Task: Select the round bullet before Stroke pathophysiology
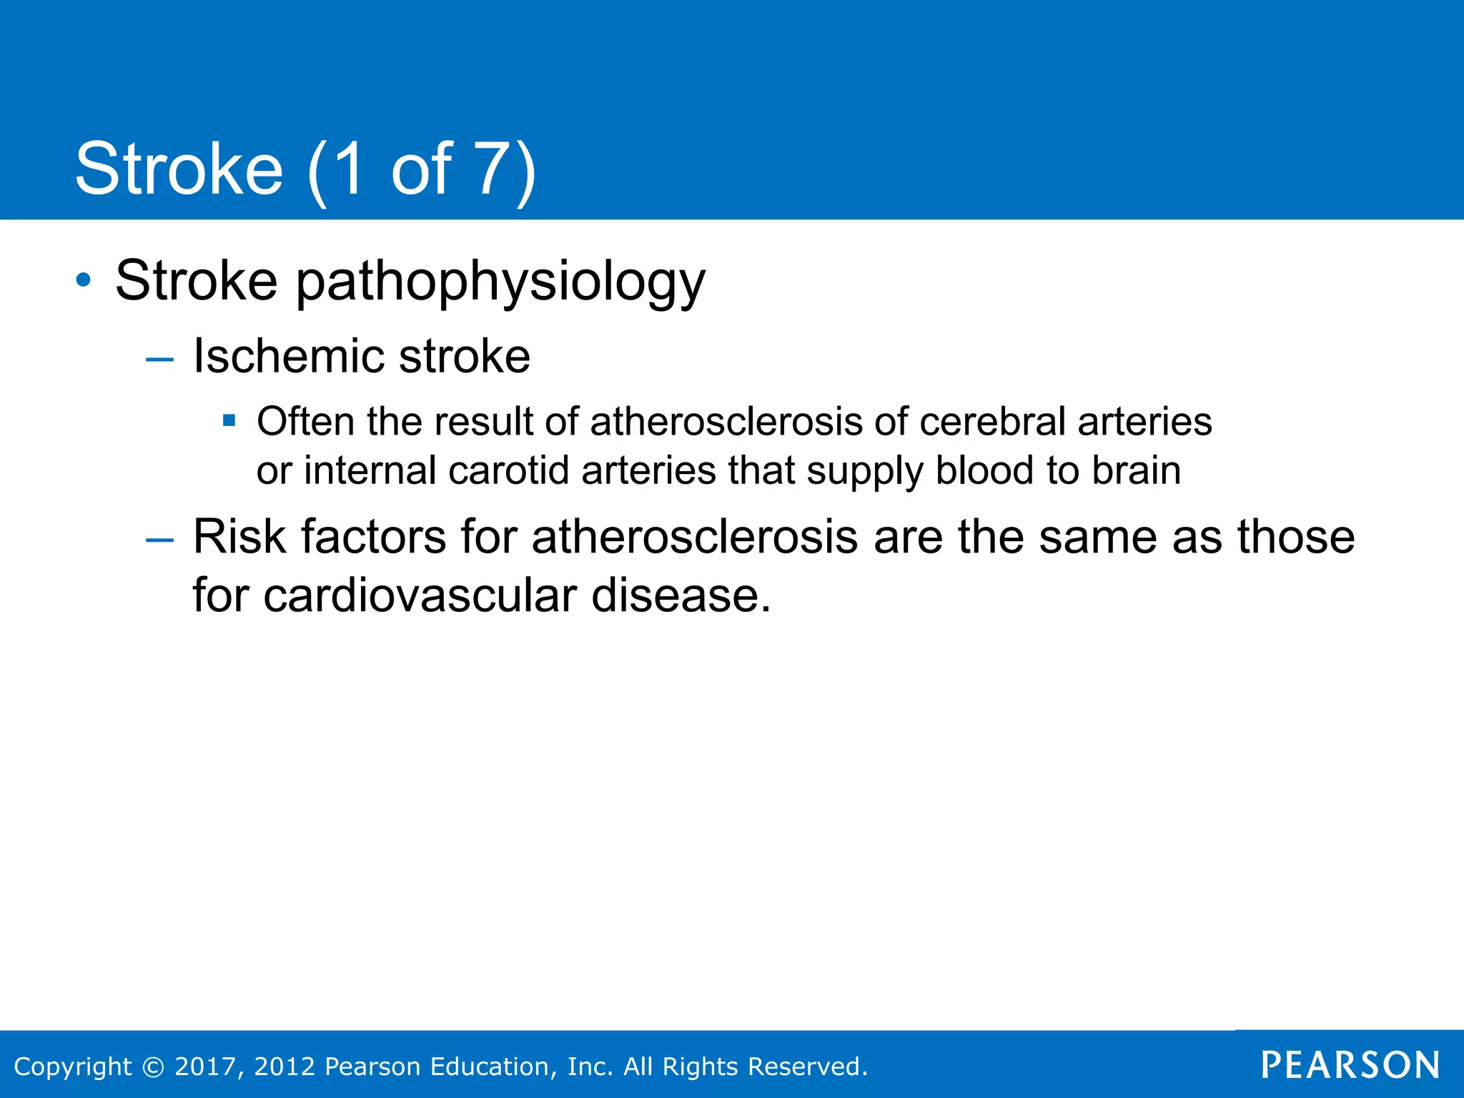(84, 280)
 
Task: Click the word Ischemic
(289, 356)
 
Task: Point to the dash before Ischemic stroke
(159, 359)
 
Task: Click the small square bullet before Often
(229, 420)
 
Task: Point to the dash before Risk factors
(159, 540)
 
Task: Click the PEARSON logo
(1350, 1065)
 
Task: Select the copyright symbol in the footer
(153, 1067)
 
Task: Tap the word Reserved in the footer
(807, 1067)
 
